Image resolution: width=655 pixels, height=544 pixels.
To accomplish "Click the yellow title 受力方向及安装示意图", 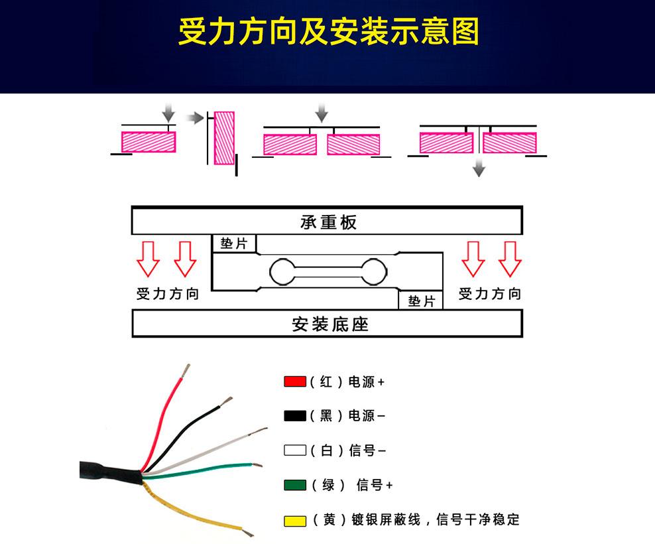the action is coord(328,31).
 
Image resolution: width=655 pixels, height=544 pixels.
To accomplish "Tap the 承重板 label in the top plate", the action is coord(328,222).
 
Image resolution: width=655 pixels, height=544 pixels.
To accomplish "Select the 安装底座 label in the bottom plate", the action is coord(330,324).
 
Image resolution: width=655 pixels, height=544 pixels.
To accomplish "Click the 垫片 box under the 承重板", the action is coord(234,243).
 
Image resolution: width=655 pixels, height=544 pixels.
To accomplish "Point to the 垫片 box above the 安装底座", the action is coord(421,301).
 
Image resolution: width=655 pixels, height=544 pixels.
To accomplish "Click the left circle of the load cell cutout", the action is coord(283,272).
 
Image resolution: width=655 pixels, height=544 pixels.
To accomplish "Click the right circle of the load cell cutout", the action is coord(374,272).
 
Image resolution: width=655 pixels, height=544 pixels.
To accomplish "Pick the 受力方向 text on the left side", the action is coord(168,293).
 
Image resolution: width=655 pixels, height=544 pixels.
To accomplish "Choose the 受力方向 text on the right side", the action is coord(489,293).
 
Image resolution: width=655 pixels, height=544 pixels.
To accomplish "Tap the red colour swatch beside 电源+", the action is coord(295,381).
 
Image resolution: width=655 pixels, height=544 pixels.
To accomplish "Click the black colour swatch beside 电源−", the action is coord(295,416).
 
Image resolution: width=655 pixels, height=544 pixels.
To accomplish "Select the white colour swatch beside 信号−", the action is coord(295,450).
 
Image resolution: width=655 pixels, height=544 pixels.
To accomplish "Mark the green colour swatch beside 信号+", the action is coord(295,485).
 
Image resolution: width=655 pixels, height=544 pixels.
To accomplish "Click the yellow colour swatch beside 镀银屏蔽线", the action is coord(295,521).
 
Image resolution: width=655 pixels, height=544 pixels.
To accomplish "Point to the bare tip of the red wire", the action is coord(186,370).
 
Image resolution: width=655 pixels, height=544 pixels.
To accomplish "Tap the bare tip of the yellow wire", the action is coord(248,532).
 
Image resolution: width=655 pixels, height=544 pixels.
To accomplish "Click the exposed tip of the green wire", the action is coord(257,464).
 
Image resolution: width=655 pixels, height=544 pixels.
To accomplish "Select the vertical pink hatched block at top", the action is coord(224,138).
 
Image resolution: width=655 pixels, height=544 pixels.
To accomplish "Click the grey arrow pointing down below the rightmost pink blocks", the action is coord(479,169).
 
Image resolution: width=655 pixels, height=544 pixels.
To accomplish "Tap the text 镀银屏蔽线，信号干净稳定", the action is coord(436,519).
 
